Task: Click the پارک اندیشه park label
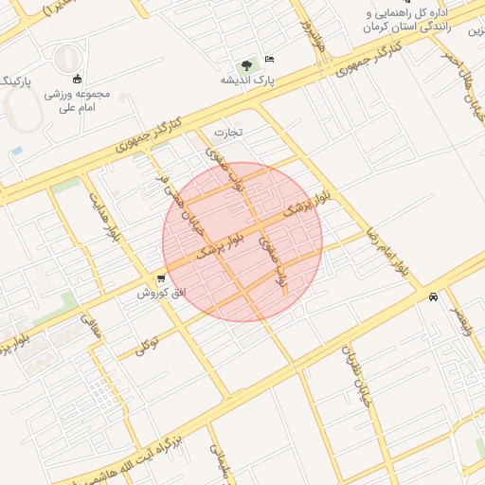pyautogui.click(x=248, y=80)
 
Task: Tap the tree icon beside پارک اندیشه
pyautogui.click(x=247, y=65)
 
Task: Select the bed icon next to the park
pyautogui.click(x=269, y=60)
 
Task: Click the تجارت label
pyautogui.click(x=228, y=131)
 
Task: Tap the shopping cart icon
pyautogui.click(x=163, y=278)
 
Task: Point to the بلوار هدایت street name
pyautogui.click(x=106, y=217)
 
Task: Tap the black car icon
pyautogui.click(x=433, y=296)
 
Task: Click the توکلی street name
pyautogui.click(x=145, y=345)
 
